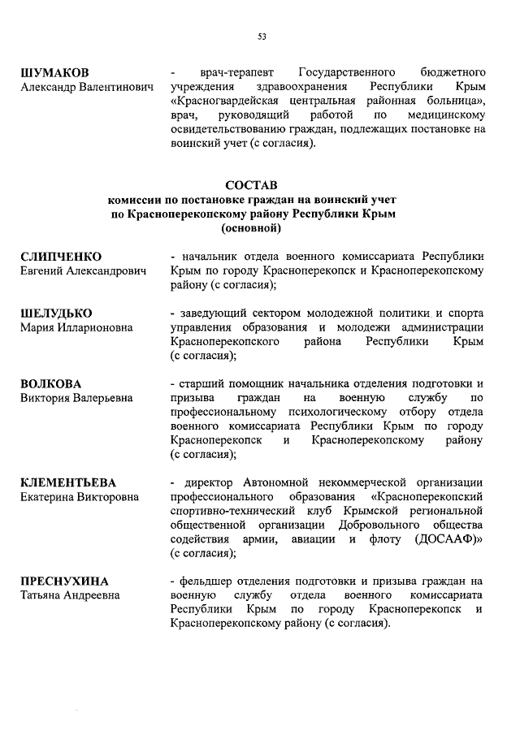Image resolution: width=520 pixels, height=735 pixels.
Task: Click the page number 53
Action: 262,36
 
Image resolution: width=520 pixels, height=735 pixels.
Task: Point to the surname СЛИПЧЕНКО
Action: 61,256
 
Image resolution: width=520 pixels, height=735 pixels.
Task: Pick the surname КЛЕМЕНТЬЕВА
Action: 68,482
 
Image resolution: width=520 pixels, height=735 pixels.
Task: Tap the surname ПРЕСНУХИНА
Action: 64,582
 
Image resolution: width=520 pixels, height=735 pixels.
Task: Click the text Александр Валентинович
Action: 86,87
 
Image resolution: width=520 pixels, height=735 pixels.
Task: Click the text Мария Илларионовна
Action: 76,327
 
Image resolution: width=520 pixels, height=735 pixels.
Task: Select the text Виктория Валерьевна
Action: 76,398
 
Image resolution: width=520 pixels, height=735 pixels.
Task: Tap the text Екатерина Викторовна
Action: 80,496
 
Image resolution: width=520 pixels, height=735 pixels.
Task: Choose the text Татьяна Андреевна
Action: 70,595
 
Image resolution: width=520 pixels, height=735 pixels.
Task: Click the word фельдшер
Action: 202,582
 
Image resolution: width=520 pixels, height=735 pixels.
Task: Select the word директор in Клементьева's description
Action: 210,482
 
